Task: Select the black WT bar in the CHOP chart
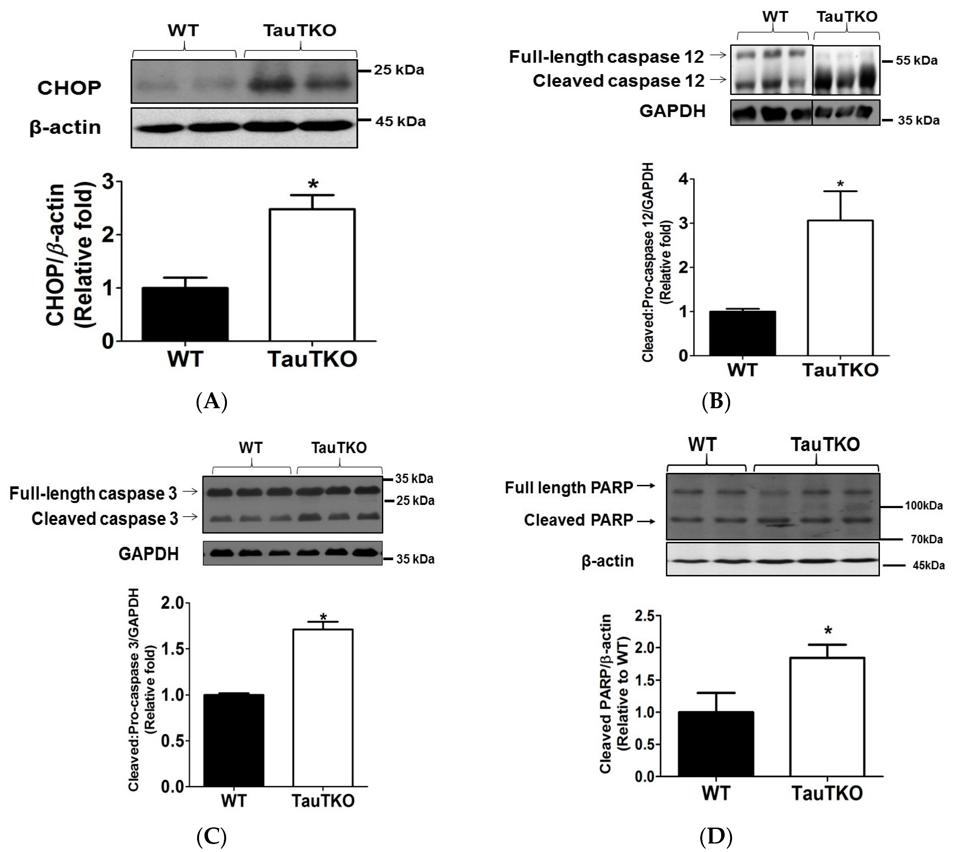tap(185, 314)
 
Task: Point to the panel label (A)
tap(211, 402)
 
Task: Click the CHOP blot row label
tap(69, 88)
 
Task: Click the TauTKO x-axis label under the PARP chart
tap(827, 793)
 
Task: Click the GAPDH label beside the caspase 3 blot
tap(149, 554)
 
